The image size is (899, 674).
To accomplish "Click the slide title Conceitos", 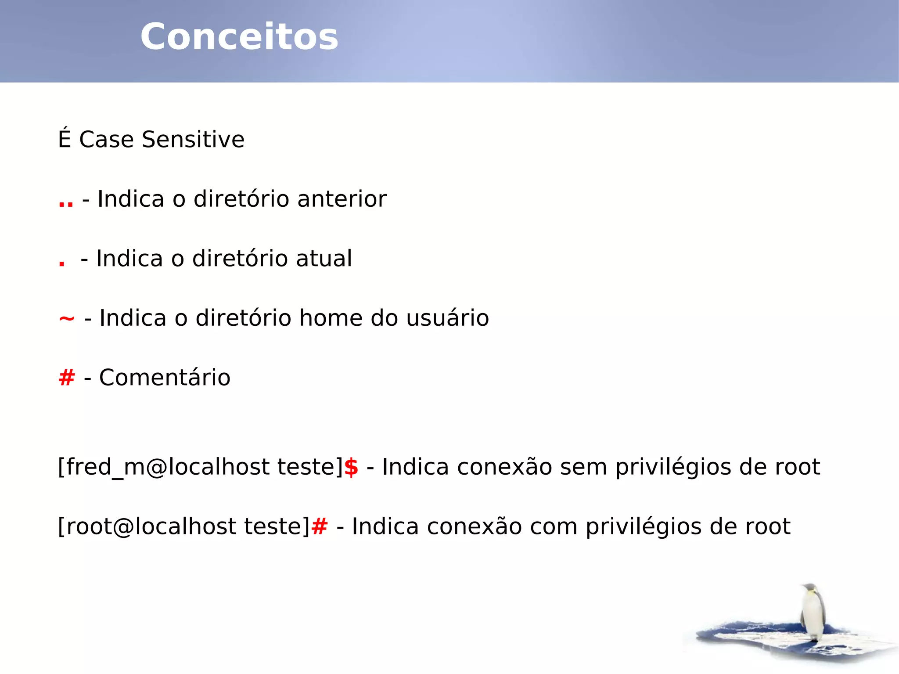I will click(239, 37).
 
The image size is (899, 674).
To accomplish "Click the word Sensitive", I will click(193, 140).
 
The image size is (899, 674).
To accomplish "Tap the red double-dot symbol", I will click(66, 203).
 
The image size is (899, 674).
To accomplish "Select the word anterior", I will click(342, 199).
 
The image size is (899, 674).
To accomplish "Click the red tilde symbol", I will click(67, 318).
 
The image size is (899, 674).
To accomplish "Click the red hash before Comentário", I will click(67, 378).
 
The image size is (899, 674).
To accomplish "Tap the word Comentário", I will click(165, 378).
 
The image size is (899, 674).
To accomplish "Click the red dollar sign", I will click(351, 467).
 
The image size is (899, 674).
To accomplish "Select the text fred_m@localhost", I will click(168, 467).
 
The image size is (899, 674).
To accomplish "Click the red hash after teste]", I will click(319, 526).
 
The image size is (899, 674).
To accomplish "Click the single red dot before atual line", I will click(62, 263).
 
